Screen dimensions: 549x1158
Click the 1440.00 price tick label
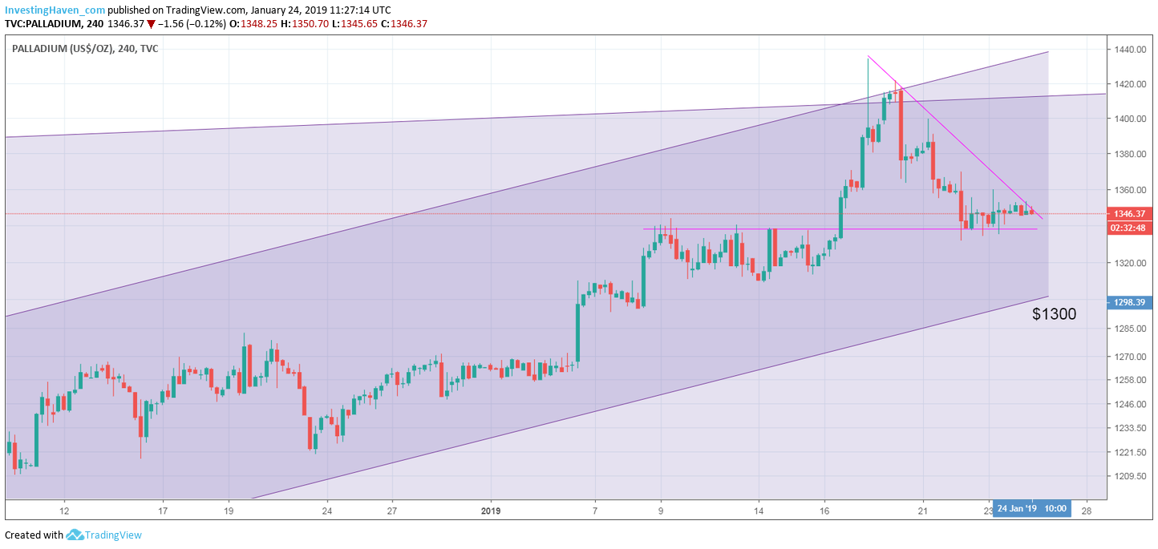tap(1129, 50)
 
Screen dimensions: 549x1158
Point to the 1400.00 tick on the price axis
tap(1129, 119)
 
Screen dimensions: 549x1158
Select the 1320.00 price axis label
tap(1129, 263)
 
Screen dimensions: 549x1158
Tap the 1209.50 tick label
tap(1129, 476)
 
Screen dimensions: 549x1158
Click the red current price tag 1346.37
tap(1129, 214)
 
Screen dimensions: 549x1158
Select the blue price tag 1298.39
tap(1129, 302)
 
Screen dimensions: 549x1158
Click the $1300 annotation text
tap(1054, 315)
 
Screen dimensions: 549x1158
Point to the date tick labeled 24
tap(326, 510)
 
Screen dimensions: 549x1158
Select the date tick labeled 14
tap(759, 510)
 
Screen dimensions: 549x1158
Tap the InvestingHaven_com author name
tap(55, 10)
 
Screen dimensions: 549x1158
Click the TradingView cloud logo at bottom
tap(75, 535)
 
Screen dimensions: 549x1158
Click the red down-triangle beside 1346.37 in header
tap(151, 24)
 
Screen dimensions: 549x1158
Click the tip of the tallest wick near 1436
tap(868, 56)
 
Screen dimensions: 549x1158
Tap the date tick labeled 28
tap(1087, 510)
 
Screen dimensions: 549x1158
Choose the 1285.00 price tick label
tap(1129, 329)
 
